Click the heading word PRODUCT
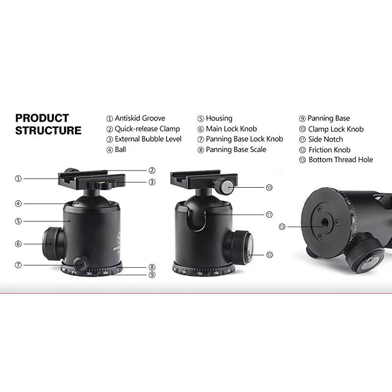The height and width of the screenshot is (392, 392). click(42, 118)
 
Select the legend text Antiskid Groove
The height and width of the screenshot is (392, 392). click(140, 118)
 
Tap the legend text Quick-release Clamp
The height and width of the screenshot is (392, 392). click(147, 129)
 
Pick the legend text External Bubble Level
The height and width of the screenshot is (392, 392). click(148, 139)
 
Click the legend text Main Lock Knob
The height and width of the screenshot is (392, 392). click(231, 129)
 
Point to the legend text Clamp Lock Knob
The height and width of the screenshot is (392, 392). click(336, 129)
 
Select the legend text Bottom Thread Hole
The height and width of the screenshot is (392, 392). click(341, 160)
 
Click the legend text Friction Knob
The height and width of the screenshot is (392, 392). click(329, 149)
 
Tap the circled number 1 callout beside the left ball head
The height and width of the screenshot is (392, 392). click(18, 178)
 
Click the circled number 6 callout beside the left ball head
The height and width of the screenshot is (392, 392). click(18, 244)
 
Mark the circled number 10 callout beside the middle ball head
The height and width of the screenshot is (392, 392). click(269, 188)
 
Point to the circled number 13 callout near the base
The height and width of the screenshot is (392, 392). click(282, 226)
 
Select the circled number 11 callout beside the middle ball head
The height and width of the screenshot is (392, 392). click(269, 215)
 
